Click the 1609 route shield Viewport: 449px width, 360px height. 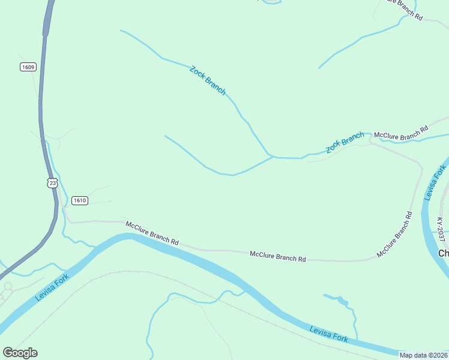[28, 67]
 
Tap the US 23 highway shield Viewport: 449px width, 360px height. [52, 183]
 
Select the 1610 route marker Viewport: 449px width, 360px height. [80, 200]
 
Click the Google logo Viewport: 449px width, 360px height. [20, 353]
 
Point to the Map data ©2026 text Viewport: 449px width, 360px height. [424, 355]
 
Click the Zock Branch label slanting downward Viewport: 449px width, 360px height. [208, 80]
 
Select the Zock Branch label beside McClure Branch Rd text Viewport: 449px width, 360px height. [345, 142]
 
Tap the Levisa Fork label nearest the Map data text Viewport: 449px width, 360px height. [328, 334]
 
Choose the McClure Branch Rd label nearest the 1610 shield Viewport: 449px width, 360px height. [152, 233]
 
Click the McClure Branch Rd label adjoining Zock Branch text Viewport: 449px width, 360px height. [401, 132]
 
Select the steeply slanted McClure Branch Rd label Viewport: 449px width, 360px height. [394, 235]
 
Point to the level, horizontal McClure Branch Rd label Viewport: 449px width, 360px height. [277, 256]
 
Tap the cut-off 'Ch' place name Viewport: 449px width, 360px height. [444, 253]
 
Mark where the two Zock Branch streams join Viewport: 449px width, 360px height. [272, 157]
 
